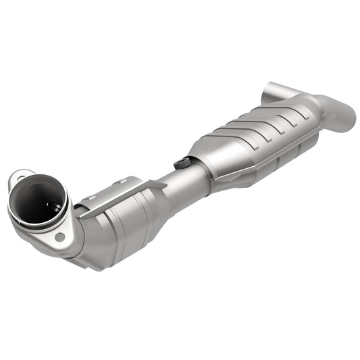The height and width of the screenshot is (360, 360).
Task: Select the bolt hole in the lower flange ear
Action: tap(60, 237)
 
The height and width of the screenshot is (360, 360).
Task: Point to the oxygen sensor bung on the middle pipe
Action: tap(182, 163)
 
